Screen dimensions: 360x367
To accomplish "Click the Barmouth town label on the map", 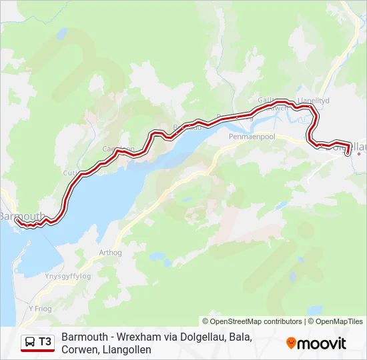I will [20, 216].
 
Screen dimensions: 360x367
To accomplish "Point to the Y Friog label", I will [40, 309].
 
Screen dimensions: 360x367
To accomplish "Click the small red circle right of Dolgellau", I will [359, 155].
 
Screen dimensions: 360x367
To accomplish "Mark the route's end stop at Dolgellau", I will [348, 153].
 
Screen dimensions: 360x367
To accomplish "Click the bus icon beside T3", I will [30, 342].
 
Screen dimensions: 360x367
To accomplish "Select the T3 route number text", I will [45, 342].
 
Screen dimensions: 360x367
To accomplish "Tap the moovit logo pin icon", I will [291, 343].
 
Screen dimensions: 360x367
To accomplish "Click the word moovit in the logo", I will [322, 343].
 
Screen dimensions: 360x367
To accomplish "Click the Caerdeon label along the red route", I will [118, 149].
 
